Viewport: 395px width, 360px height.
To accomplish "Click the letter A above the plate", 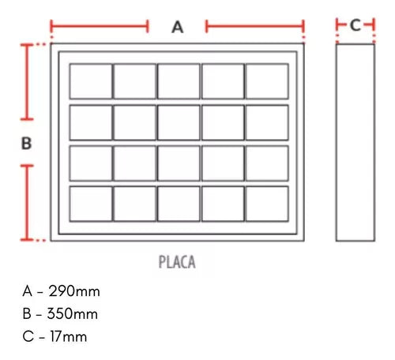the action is [x=178, y=27].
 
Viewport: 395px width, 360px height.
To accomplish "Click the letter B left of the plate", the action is [x=26, y=144].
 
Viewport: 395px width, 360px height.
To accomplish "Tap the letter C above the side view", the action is [x=355, y=25].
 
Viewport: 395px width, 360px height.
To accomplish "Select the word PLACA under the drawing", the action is [x=177, y=262].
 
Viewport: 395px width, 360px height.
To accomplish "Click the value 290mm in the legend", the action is [x=74, y=291].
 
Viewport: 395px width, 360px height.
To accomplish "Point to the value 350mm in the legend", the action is [x=73, y=313].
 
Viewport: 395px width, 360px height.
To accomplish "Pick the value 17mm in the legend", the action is [x=69, y=336].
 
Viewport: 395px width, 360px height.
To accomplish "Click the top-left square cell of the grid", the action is [x=91, y=81].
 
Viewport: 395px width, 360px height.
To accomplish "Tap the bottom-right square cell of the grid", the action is [x=267, y=204].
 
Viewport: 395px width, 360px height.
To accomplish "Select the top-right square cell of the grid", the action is [x=267, y=81].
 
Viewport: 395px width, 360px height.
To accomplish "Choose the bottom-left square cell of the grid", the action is [x=91, y=204].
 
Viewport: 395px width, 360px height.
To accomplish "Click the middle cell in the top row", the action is [x=179, y=81].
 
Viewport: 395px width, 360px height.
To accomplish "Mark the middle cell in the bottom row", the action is [x=179, y=204].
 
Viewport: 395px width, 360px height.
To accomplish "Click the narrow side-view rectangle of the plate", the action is [x=355, y=142].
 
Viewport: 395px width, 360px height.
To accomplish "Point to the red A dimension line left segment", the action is [x=100, y=26].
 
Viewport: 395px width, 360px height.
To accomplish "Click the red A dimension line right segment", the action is [x=255, y=26].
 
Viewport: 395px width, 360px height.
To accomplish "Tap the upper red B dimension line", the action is [x=27, y=82].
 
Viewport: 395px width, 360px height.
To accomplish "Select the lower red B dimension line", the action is [x=27, y=203].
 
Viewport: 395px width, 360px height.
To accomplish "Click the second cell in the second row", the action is [x=135, y=122].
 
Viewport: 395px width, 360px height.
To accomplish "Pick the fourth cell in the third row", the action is [x=223, y=163].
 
